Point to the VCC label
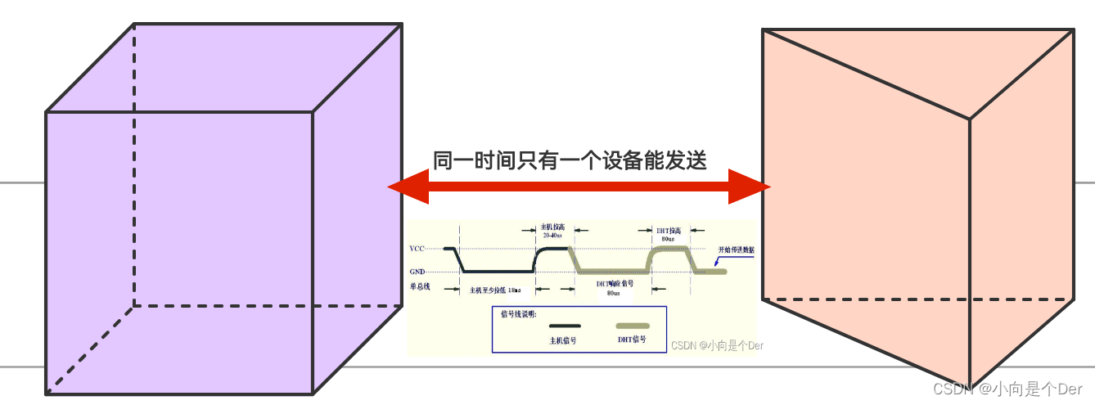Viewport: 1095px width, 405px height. click(x=417, y=249)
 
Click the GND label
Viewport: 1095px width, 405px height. click(x=417, y=272)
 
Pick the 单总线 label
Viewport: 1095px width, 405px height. click(x=420, y=287)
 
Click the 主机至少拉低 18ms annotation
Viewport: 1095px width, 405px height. click(x=495, y=290)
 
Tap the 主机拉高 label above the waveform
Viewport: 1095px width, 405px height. click(x=553, y=227)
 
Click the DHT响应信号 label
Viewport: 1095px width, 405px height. click(x=615, y=284)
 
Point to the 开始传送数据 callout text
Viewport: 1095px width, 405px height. click(x=736, y=250)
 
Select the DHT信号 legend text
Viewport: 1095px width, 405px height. click(x=631, y=339)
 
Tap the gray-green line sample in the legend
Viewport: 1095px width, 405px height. click(x=632, y=326)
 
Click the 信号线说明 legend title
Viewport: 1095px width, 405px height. click(x=518, y=313)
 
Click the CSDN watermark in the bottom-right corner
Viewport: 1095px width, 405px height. click(x=1007, y=388)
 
